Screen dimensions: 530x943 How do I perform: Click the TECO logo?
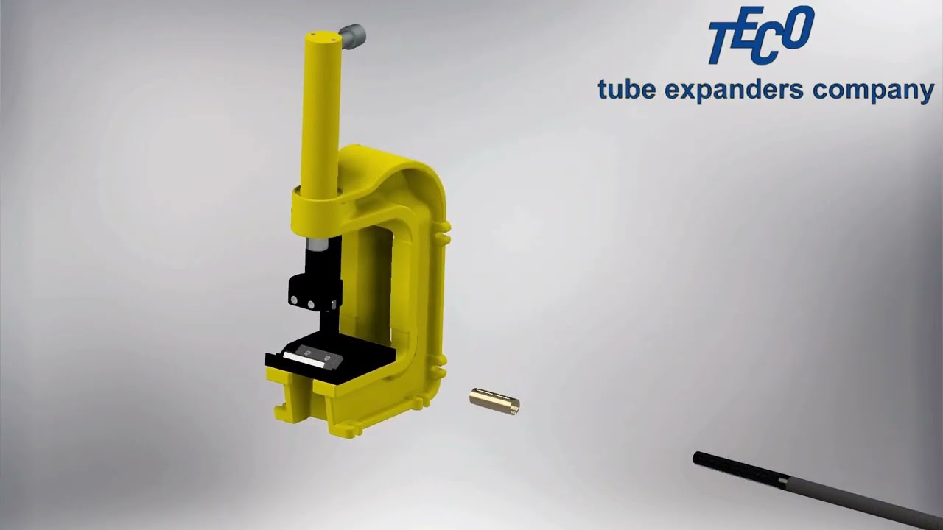[760, 35]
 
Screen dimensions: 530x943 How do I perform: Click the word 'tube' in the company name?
[626, 90]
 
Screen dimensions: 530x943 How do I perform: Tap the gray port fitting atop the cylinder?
[353, 34]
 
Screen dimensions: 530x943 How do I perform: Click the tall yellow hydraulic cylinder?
[320, 110]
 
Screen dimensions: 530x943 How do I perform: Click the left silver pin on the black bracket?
[294, 300]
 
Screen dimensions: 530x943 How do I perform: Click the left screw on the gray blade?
[306, 353]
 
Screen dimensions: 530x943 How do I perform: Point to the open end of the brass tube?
[515, 406]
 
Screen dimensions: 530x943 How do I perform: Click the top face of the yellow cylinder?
[321, 35]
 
